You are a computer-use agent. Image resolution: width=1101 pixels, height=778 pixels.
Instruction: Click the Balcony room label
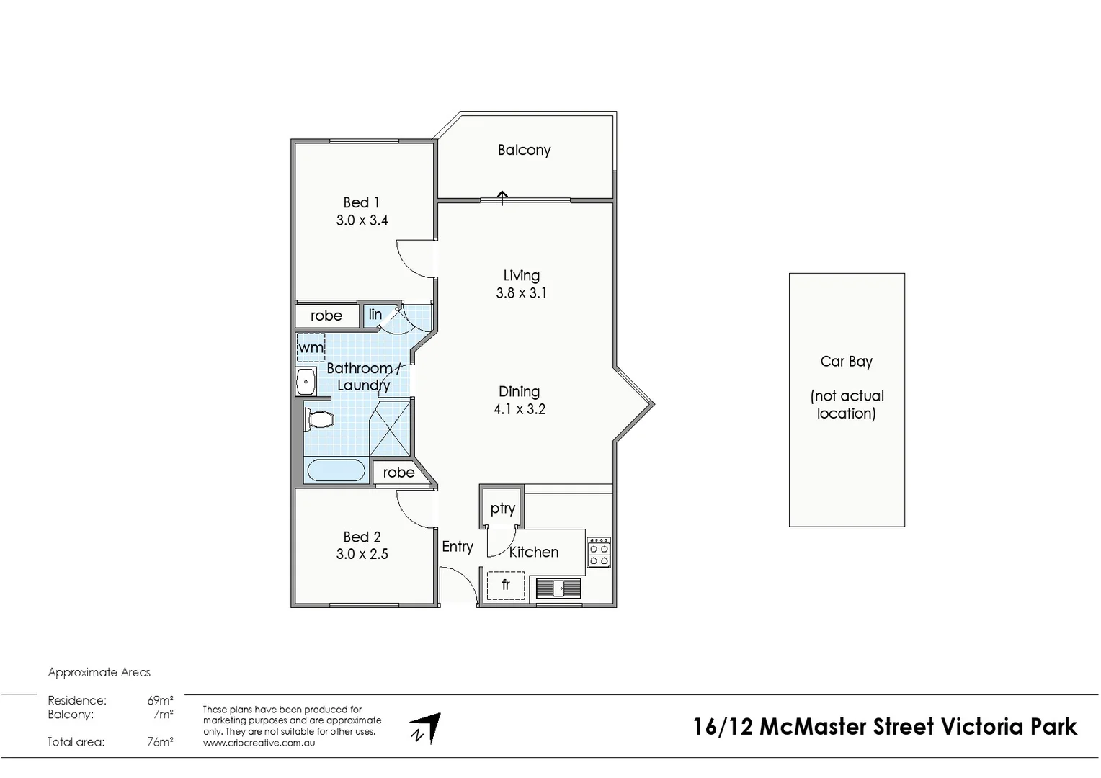pos(524,150)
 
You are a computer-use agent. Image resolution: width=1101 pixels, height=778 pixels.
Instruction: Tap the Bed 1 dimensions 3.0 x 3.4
pos(362,220)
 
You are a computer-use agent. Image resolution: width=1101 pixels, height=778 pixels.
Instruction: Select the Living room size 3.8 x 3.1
pos(521,293)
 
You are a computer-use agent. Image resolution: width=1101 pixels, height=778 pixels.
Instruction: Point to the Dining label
pos(519,391)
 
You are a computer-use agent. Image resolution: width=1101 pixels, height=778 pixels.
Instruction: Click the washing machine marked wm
pos(311,347)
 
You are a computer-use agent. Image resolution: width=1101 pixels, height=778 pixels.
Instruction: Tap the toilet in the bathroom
pos(319,419)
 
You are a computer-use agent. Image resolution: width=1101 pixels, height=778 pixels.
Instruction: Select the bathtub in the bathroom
pos(336,470)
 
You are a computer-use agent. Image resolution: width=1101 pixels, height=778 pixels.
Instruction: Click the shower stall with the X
pos(390,429)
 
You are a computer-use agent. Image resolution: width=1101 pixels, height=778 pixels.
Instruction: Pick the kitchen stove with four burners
pos(599,552)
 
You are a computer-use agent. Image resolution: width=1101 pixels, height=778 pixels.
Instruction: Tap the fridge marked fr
pos(505,585)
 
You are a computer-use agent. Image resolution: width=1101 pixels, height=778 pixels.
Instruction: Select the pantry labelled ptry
pos(502,508)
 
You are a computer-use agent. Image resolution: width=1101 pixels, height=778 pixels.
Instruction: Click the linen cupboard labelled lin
pos(375,315)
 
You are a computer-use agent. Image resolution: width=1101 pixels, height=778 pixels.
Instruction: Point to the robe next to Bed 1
pos(326,316)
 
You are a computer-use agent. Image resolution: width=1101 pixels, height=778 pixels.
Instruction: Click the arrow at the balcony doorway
pos(502,197)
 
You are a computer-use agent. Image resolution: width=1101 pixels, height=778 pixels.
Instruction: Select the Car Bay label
pos(846,362)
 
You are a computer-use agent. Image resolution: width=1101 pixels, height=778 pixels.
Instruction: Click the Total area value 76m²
pos(160,741)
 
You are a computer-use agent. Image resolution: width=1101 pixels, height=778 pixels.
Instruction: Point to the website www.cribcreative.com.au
pos(259,743)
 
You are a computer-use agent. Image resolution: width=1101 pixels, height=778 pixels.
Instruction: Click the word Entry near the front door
pos(458,547)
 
